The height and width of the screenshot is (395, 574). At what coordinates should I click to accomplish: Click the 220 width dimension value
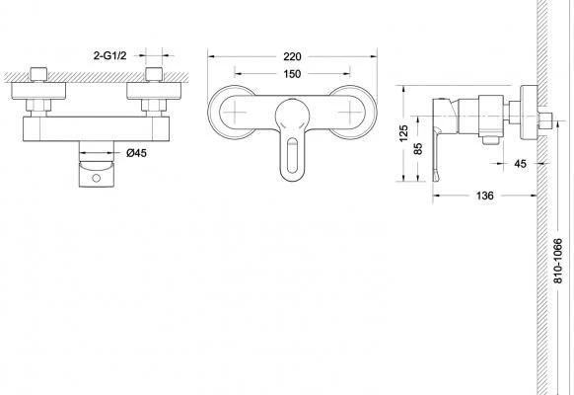coord(292,56)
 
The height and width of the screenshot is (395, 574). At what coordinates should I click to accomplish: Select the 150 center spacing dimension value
coord(292,74)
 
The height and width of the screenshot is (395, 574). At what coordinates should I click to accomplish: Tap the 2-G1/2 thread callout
coord(109,55)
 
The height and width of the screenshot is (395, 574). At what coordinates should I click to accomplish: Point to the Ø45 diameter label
coord(136,153)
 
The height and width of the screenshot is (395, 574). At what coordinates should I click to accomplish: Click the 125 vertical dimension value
coord(403,133)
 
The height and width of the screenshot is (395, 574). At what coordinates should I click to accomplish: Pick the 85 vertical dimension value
coord(418,148)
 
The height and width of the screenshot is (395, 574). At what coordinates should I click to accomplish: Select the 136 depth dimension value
coord(484,196)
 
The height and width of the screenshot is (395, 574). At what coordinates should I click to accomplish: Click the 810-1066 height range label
coord(557,261)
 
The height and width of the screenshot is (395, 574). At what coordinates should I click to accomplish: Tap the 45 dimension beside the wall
coord(520,164)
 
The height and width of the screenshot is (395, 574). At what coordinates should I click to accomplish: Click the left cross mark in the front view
coord(235,112)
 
